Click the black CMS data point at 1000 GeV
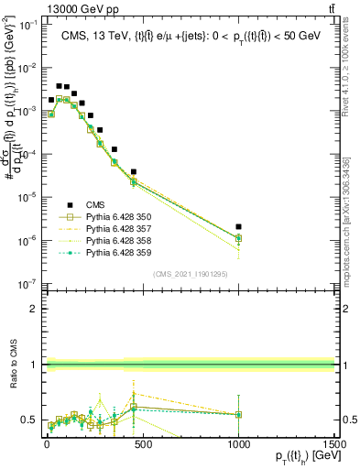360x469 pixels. point(238,226)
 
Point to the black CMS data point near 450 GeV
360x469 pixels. point(134,171)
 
